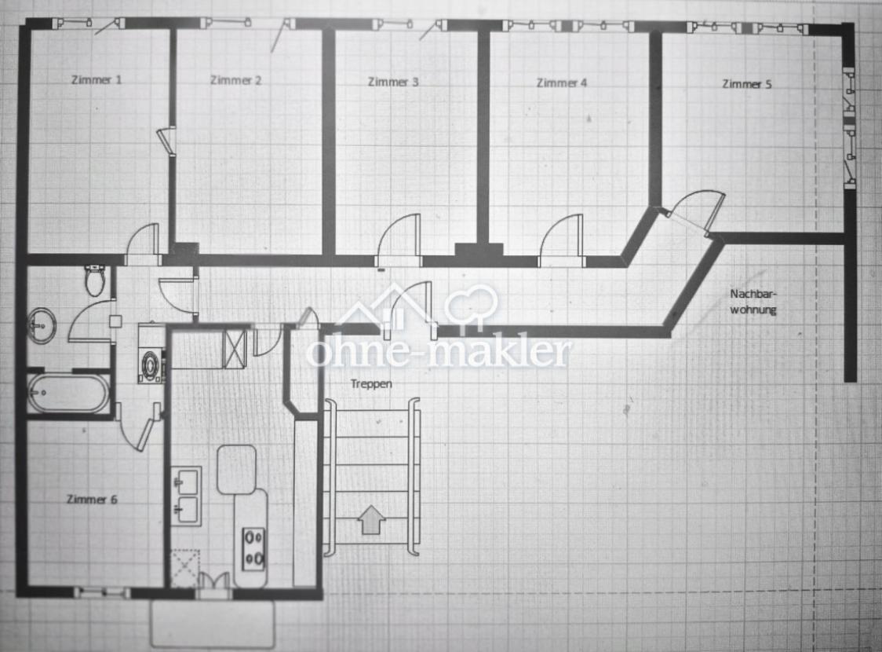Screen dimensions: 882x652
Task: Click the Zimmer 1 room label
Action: tap(97, 79)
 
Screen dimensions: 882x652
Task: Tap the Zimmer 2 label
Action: tap(235, 80)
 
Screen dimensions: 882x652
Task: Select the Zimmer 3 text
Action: tap(393, 82)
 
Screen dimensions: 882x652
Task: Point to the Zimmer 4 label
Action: tap(561, 82)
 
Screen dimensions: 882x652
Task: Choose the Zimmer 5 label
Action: tap(747, 84)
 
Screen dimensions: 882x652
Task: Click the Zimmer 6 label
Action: tap(92, 499)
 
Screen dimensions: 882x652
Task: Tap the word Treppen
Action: tap(371, 383)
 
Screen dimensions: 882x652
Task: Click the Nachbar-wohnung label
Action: tap(753, 301)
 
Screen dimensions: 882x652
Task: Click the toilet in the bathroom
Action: tap(95, 280)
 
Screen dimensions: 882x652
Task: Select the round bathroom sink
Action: tap(42, 325)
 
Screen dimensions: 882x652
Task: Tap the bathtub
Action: tap(68, 393)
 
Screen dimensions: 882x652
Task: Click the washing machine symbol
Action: tap(151, 363)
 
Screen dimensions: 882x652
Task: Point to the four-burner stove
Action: tap(253, 548)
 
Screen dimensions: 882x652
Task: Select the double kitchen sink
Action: tap(186, 496)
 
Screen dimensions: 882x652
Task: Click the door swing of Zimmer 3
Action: tap(399, 240)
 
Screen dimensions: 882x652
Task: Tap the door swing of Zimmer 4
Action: tap(561, 240)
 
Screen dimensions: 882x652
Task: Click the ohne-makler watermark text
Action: tap(438, 352)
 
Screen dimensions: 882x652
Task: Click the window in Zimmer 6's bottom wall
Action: tap(102, 592)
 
